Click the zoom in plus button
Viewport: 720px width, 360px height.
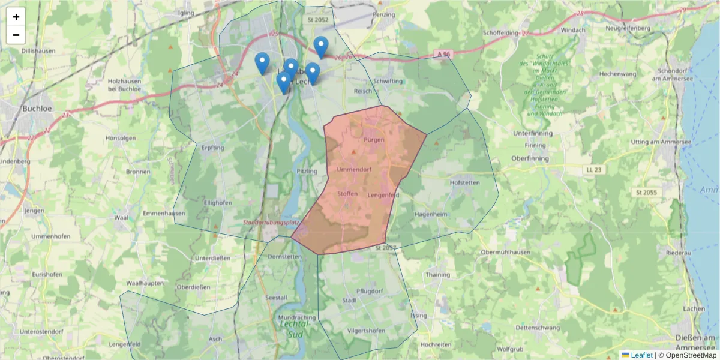pos(16,17)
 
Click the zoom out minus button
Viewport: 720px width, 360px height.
pos(16,35)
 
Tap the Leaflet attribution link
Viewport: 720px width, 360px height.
pos(641,355)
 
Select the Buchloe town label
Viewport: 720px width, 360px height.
pos(34,109)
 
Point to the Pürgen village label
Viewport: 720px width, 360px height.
pos(374,140)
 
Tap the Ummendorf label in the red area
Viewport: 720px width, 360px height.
pos(354,170)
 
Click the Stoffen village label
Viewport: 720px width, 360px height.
pos(347,194)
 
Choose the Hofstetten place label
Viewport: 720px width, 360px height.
pos(465,182)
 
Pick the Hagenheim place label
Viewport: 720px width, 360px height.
pos(431,214)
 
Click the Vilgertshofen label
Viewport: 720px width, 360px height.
pos(366,331)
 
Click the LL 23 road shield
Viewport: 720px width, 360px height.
pos(593,170)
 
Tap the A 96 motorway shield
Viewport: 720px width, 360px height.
pos(443,55)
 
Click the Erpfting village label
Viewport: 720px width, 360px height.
pos(213,148)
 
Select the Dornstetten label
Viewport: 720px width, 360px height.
pos(284,256)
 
